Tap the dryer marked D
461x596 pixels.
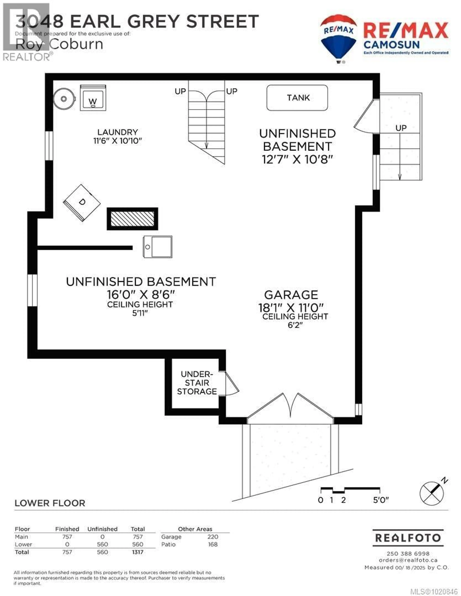tap(82, 203)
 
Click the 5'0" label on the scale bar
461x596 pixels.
tap(381, 500)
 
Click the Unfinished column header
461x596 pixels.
tap(102, 529)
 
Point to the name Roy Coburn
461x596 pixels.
tap(59, 44)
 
